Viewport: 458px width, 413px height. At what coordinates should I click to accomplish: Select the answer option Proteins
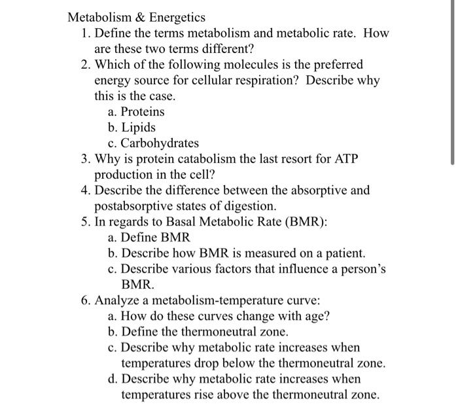coord(143,111)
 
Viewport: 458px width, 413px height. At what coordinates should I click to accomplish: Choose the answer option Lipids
coord(138,127)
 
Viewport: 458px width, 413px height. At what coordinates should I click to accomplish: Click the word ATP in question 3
coord(345,159)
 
